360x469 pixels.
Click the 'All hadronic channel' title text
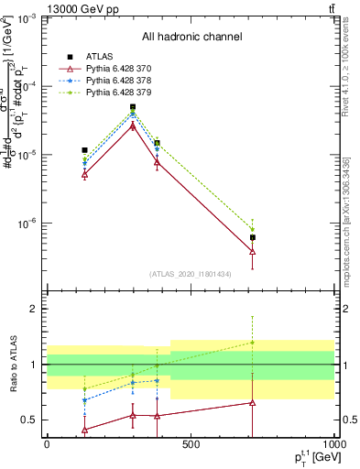[x=191, y=37]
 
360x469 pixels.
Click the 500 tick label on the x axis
[x=190, y=444]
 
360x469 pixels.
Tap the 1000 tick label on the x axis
[x=333, y=444]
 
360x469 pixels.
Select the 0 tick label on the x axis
[x=47, y=444]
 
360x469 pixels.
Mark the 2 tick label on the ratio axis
[x=31, y=309]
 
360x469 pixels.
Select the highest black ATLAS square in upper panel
[x=133, y=107]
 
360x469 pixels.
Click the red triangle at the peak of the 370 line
[x=133, y=125]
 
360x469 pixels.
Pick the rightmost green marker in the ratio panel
[x=252, y=343]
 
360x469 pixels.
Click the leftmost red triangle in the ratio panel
[x=85, y=430]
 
